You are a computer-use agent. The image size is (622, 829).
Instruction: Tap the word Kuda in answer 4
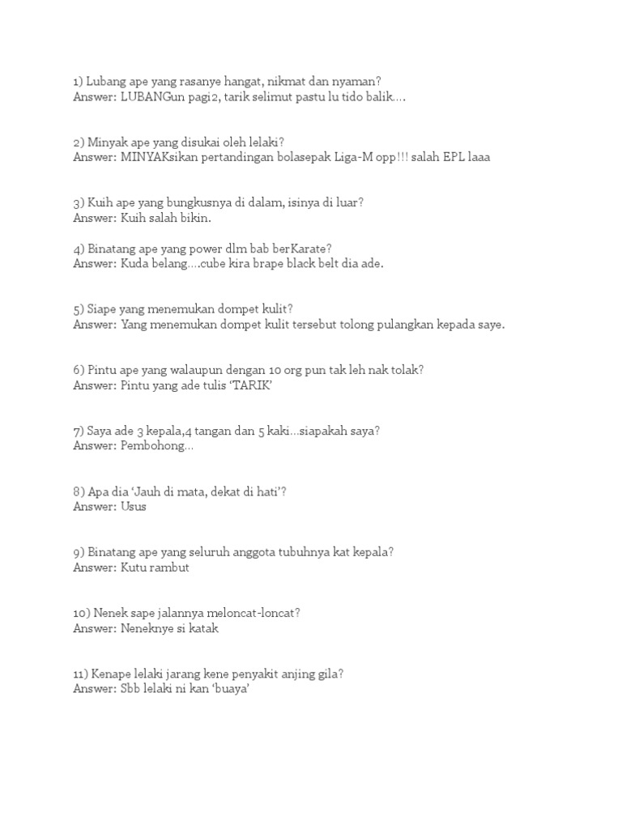coord(134,264)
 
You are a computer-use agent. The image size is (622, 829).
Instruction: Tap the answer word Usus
coord(134,507)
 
